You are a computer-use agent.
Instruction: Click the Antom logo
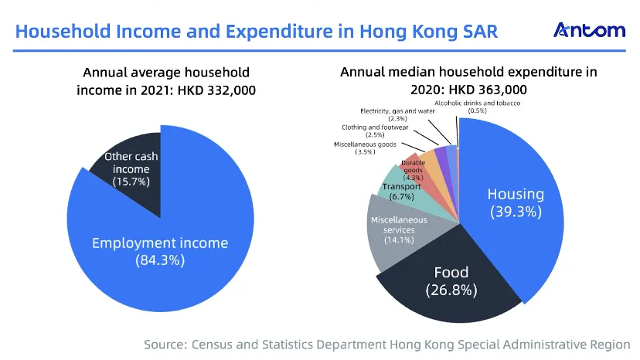click(x=589, y=30)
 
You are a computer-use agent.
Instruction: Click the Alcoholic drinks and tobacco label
click(x=477, y=107)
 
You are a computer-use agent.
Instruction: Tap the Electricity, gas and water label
click(x=397, y=114)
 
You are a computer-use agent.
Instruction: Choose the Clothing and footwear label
click(x=375, y=131)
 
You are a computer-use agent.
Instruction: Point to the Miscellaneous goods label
click(x=365, y=148)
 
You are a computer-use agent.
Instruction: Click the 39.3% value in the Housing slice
click(x=516, y=212)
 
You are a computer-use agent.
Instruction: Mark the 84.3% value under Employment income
click(x=160, y=260)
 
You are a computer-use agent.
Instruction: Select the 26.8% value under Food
click(x=451, y=290)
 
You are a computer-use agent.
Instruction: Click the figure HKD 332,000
click(x=216, y=90)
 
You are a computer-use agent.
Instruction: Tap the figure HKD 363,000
click(x=488, y=90)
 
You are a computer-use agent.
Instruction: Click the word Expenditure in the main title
click(x=279, y=32)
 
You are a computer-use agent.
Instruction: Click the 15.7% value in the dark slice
click(x=131, y=182)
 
